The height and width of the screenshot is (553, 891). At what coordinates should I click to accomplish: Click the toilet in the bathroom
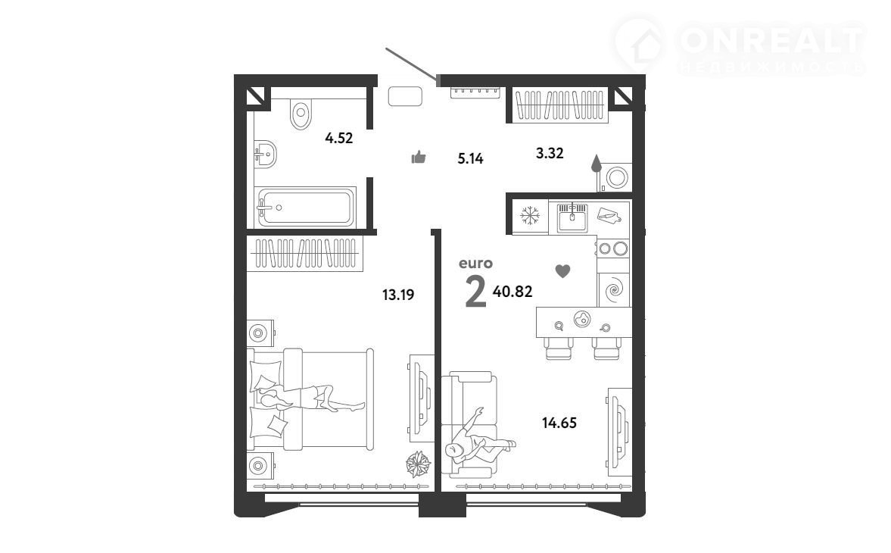pyautogui.click(x=301, y=114)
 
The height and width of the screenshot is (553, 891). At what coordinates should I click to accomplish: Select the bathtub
pyautogui.click(x=305, y=207)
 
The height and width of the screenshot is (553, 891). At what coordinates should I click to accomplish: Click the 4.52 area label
pyautogui.click(x=338, y=138)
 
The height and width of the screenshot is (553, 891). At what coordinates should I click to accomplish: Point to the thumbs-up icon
pyautogui.click(x=418, y=157)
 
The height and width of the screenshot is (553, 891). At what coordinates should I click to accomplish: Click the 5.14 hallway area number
pyautogui.click(x=471, y=158)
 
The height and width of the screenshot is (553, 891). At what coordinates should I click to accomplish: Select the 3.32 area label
pyautogui.click(x=550, y=152)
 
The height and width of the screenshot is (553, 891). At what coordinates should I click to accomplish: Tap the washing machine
pyautogui.click(x=616, y=177)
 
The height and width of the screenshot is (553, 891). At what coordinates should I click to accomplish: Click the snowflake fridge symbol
pyautogui.click(x=530, y=215)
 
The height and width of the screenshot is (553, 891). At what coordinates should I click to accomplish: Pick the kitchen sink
pyautogui.click(x=572, y=217)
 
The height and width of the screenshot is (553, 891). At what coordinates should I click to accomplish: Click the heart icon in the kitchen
pyautogui.click(x=562, y=271)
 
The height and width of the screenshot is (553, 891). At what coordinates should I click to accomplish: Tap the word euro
pyautogui.click(x=475, y=263)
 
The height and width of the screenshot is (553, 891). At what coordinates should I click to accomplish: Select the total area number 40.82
pyautogui.click(x=512, y=292)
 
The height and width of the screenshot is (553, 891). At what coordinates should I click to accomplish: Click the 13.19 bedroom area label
pyautogui.click(x=397, y=295)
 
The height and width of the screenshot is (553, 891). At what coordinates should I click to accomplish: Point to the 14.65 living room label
pyautogui.click(x=559, y=422)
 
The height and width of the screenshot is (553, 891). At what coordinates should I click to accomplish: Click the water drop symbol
pyautogui.click(x=596, y=163)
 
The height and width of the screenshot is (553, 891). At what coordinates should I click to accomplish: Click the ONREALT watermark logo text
pyautogui.click(x=771, y=40)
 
